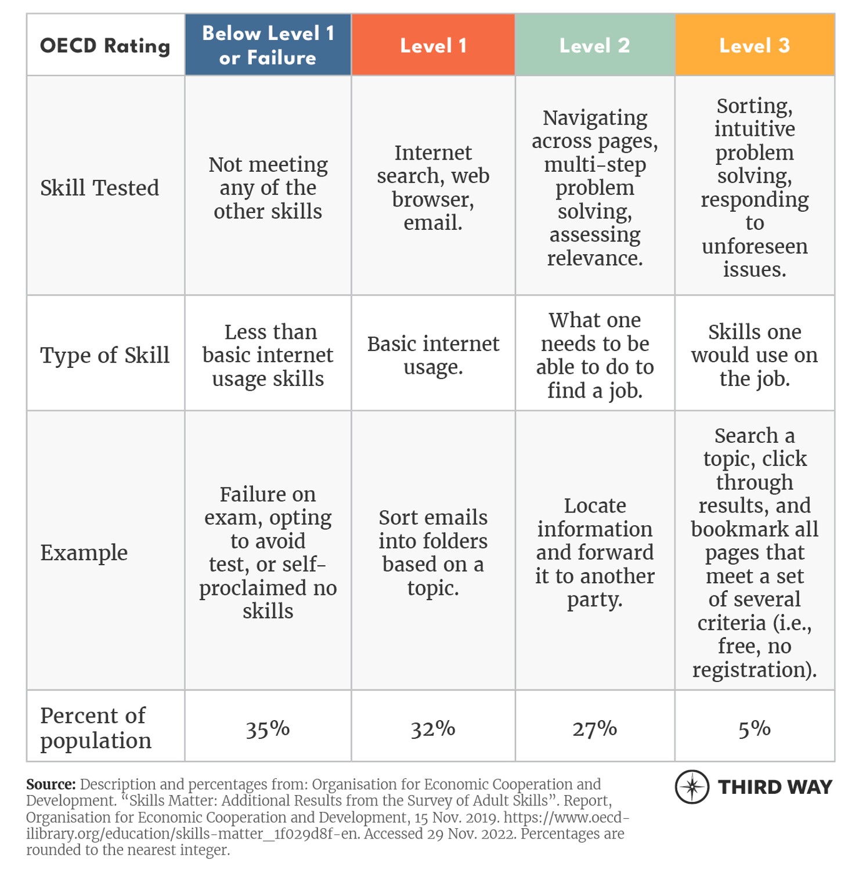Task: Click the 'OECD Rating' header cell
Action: [105, 45]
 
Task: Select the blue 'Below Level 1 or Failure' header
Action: [268, 45]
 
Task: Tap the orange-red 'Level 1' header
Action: [433, 45]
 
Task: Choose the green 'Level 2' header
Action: [594, 45]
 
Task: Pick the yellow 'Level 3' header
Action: [754, 45]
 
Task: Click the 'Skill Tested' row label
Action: [99, 187]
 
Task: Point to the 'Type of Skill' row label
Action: [104, 355]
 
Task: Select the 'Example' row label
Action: [84, 552]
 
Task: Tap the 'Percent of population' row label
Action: [96, 728]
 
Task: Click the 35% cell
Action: [268, 728]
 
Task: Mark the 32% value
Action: [433, 728]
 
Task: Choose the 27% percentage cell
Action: [594, 728]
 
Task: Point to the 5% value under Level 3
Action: [754, 728]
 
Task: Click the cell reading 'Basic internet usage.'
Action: [433, 355]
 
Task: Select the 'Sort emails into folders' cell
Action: [433, 552]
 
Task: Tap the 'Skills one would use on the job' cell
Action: [754, 355]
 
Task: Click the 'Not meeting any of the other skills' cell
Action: [268, 187]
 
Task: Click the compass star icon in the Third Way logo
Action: [692, 787]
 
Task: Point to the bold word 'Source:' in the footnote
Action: [51, 784]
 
